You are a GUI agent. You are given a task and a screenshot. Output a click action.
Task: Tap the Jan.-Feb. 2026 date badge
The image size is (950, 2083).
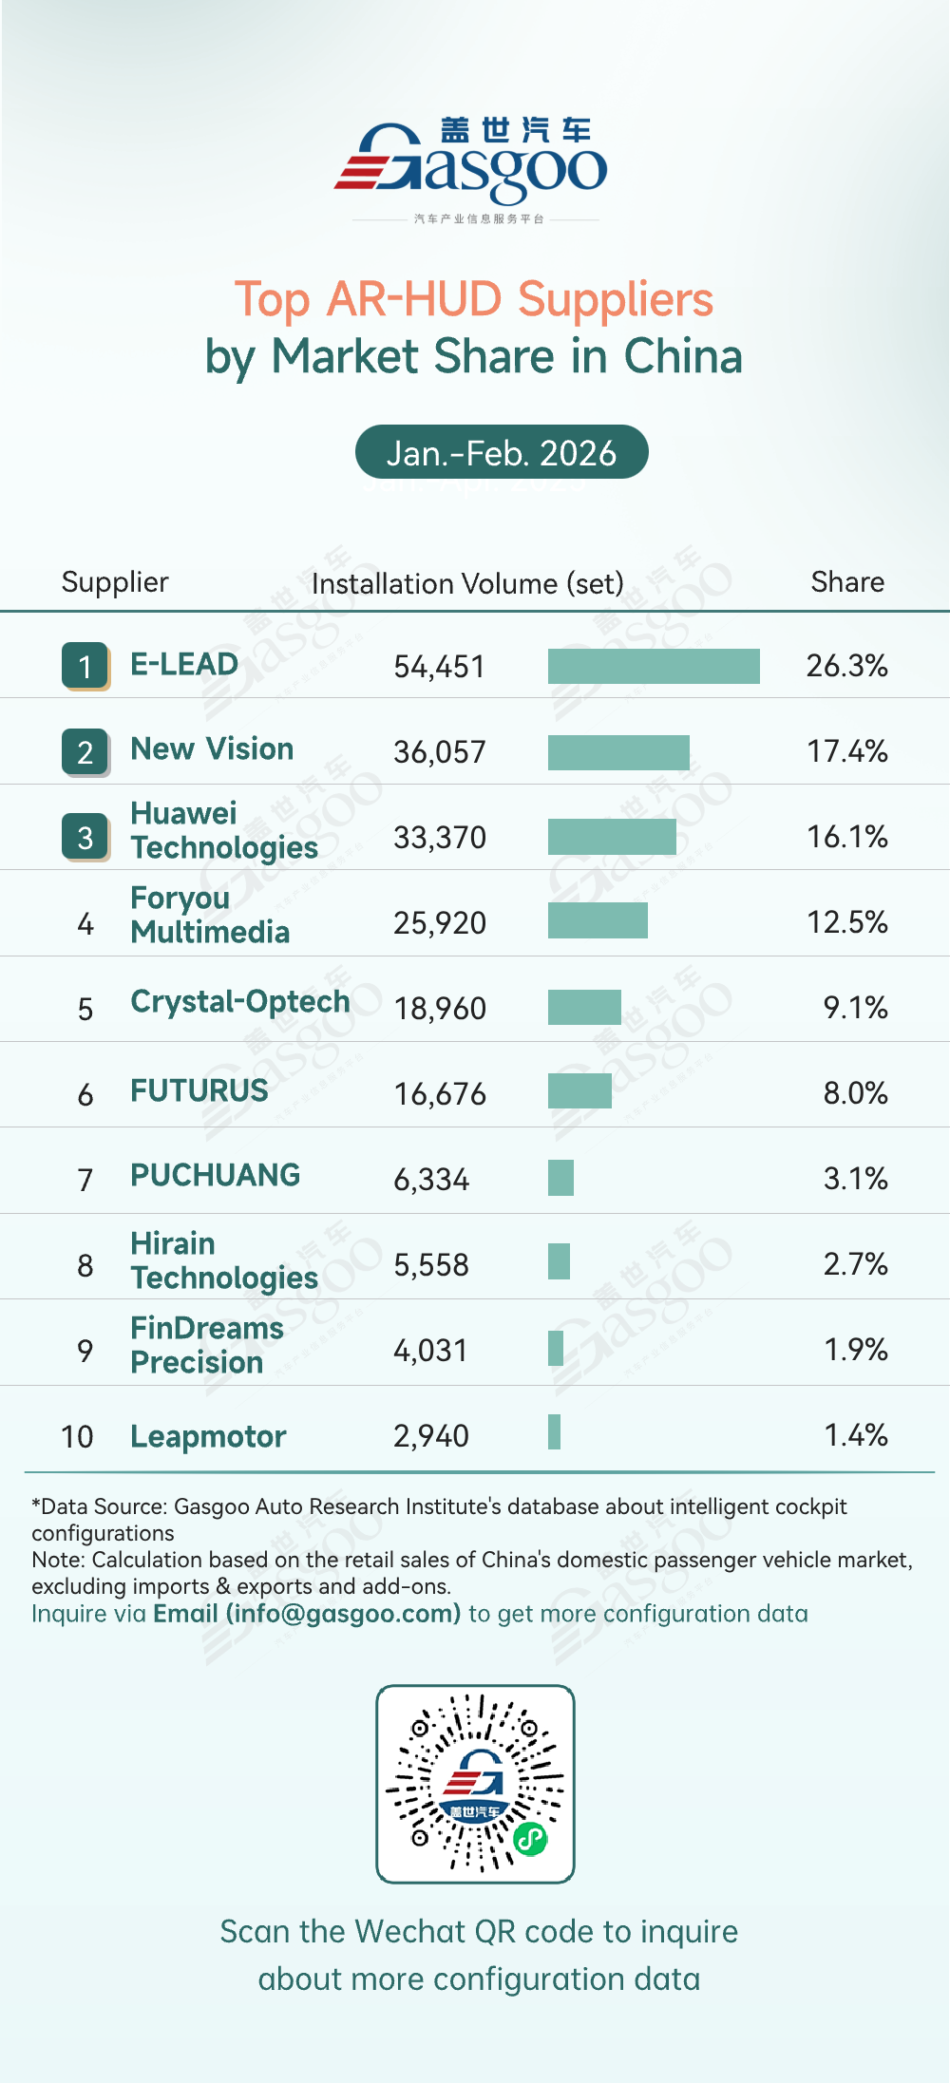[x=502, y=453]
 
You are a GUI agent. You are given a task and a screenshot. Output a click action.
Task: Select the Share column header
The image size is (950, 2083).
[x=847, y=582]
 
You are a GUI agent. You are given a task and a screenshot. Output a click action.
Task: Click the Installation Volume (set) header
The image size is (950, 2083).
[x=467, y=583]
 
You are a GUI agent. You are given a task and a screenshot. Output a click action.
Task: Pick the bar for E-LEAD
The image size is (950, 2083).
[x=654, y=666]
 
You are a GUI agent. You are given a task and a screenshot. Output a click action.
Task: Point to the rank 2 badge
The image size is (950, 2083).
[x=85, y=752]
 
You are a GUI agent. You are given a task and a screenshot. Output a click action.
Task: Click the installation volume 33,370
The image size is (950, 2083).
[x=440, y=838]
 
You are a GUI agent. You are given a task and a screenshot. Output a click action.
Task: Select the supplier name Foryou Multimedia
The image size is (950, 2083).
[x=210, y=915]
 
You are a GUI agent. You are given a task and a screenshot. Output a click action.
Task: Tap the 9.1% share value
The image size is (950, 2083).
[x=855, y=1008]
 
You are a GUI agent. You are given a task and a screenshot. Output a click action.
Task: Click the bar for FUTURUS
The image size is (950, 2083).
[x=579, y=1091]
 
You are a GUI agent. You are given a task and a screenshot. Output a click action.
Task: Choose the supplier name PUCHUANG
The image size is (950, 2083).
[x=215, y=1176]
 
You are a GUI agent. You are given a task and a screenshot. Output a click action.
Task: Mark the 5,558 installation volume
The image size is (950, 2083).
[x=431, y=1265]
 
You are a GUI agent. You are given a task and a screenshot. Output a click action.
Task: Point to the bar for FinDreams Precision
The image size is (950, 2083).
[x=556, y=1348]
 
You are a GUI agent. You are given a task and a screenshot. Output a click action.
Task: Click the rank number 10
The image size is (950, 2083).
[x=77, y=1436]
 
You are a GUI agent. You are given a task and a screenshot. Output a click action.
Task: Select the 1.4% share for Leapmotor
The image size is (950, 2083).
[x=855, y=1435]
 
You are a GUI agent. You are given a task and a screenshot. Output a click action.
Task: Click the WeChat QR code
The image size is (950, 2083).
[x=475, y=1784]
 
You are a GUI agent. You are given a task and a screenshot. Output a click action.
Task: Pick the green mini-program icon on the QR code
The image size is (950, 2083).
[x=530, y=1839]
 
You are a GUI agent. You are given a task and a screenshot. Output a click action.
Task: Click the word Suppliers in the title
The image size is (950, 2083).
[x=616, y=300]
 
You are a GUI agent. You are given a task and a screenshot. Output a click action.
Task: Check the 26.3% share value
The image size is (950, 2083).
[x=846, y=666]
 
